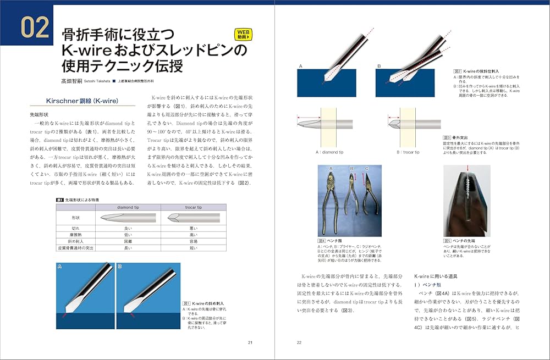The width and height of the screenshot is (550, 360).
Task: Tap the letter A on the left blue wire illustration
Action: click(x=60, y=265)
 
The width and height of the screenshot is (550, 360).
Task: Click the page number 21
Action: click(x=250, y=342)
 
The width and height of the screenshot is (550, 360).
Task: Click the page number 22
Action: click(x=299, y=342)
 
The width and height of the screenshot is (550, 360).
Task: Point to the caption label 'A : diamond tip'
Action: click(x=329, y=152)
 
